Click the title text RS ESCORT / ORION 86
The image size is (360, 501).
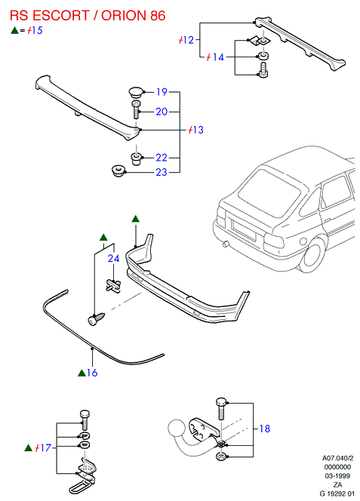point(88,15)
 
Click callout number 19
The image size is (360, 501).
point(162,92)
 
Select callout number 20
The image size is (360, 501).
point(162,112)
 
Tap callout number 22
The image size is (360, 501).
point(162,158)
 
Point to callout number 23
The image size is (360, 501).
point(162,172)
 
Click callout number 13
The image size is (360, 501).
point(198,130)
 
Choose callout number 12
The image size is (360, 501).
point(189,40)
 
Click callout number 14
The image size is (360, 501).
point(218,57)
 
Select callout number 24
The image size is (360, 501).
point(113,258)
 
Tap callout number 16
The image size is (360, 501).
point(92,373)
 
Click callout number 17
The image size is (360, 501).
point(46,447)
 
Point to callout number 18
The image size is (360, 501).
point(265,429)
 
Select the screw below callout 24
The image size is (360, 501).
point(96,318)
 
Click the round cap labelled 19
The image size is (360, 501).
point(136,92)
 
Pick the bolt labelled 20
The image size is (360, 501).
point(136,109)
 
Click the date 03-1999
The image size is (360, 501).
point(337,476)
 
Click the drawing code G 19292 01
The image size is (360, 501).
point(337,493)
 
